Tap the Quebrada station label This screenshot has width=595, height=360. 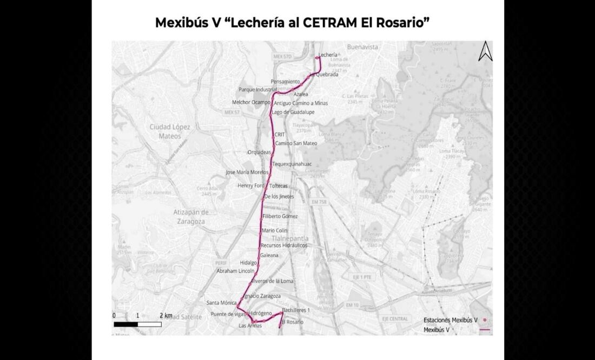(327, 75)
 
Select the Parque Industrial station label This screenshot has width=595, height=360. (257, 89)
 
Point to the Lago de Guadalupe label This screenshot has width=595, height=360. (293, 112)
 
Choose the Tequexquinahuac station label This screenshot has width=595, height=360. (292, 164)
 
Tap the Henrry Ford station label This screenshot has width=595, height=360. (251, 186)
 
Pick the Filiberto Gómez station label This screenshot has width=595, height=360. (280, 216)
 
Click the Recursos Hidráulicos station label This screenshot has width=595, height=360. (284, 245)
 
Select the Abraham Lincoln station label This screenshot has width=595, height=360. (235, 271)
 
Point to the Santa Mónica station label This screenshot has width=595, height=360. (221, 303)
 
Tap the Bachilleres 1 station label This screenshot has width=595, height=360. (296, 310)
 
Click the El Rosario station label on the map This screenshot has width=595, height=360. (292, 322)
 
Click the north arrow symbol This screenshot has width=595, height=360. (485, 51)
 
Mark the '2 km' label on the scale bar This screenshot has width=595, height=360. (166, 315)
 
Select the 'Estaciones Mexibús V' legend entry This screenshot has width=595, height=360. (450, 320)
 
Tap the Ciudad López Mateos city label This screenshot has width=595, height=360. (170, 131)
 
